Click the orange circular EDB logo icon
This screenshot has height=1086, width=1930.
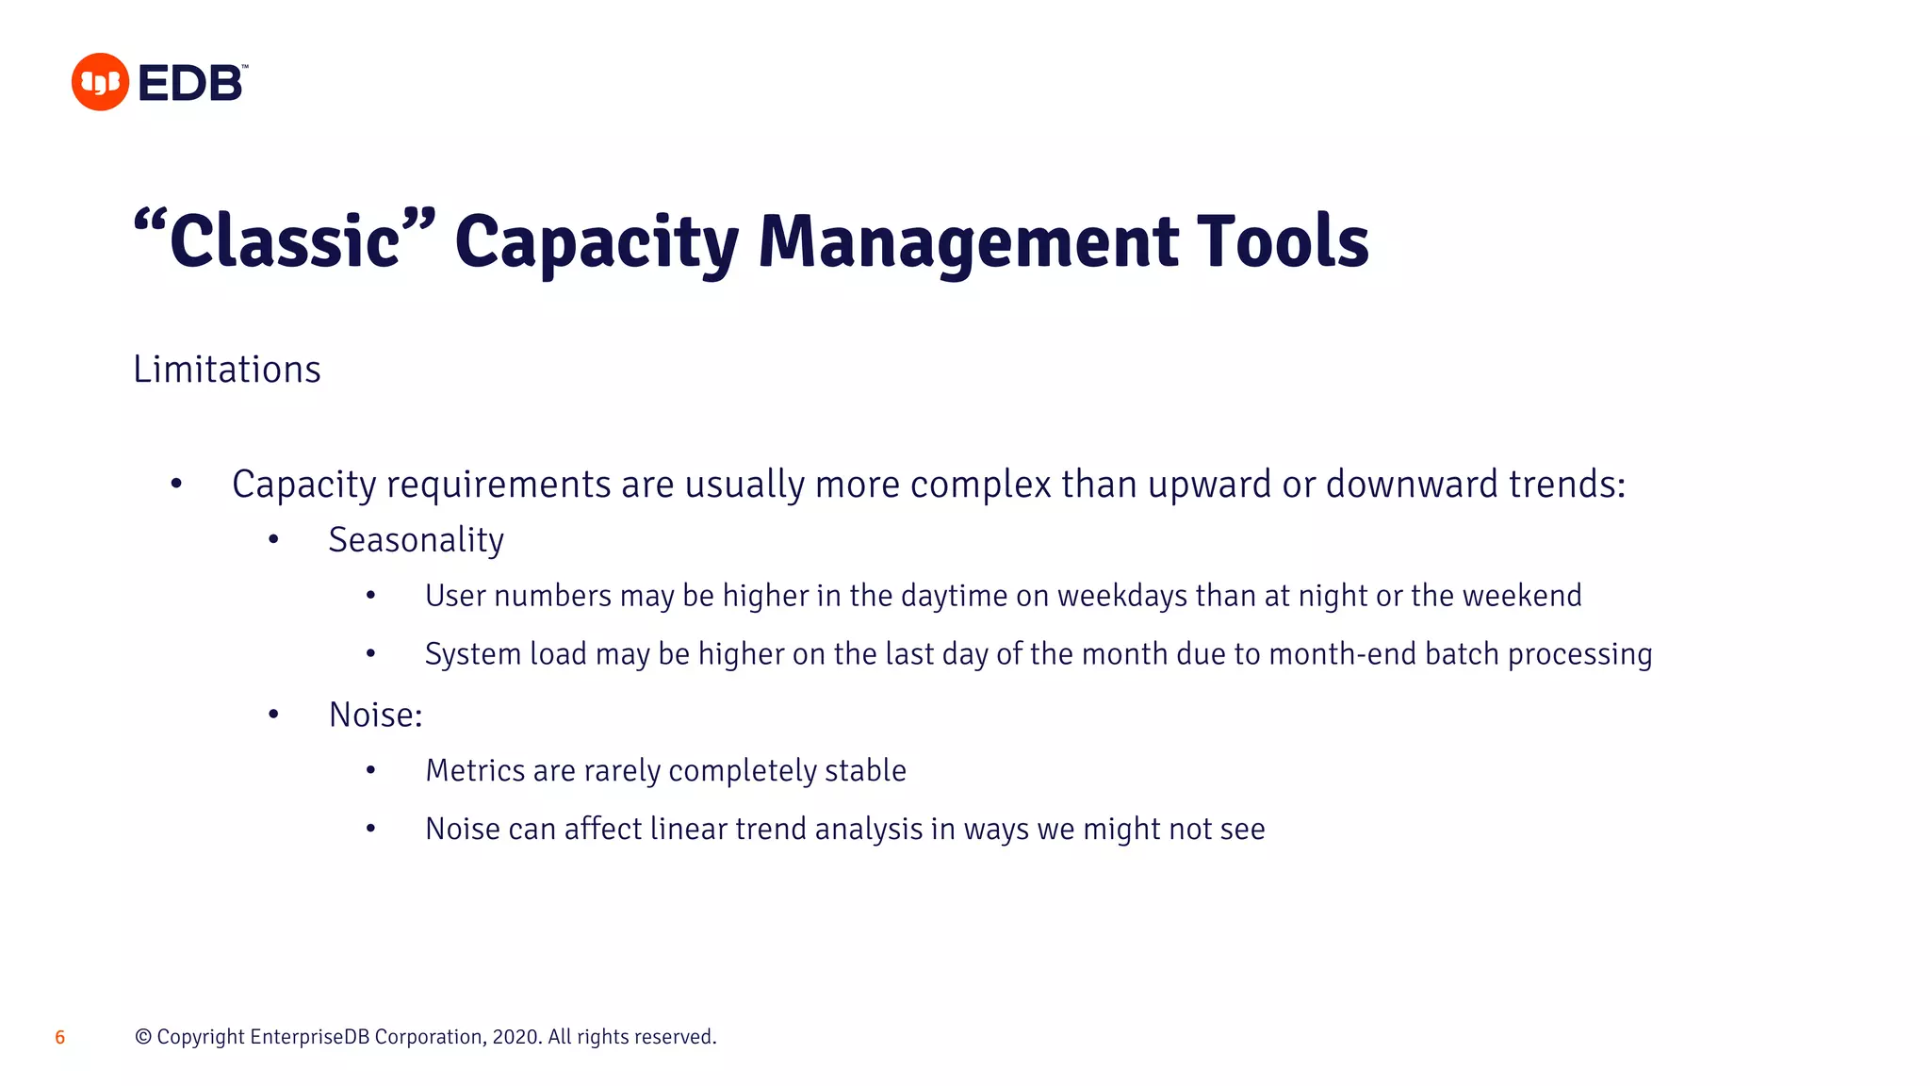click(x=100, y=82)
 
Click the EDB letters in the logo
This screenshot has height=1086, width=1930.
click(x=191, y=83)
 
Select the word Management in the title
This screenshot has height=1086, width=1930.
click(x=968, y=241)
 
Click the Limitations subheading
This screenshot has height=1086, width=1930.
click(x=227, y=370)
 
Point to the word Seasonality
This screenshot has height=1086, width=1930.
click(x=416, y=540)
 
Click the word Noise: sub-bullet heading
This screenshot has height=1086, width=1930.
click(x=375, y=715)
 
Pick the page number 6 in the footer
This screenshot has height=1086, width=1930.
click(x=60, y=1038)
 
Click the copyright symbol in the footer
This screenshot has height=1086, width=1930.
click(x=143, y=1037)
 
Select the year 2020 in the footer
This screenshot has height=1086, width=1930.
click(x=515, y=1037)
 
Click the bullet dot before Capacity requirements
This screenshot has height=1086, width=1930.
click(x=176, y=485)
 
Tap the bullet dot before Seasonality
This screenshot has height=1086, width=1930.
click(x=273, y=539)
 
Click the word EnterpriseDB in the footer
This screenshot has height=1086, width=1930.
click(x=310, y=1037)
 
